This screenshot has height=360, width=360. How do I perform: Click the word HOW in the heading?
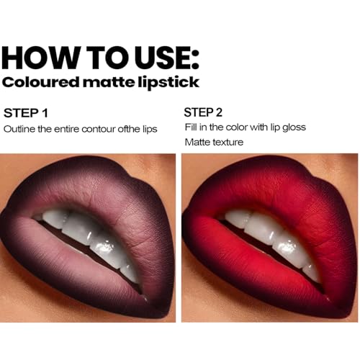pos(40,58)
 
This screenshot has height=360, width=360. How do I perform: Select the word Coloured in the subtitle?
pos(40,82)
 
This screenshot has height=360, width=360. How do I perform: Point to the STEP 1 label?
pos(26,113)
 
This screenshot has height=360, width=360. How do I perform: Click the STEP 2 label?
pos(203,112)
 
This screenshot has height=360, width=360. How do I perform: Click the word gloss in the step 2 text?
pos(294,127)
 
